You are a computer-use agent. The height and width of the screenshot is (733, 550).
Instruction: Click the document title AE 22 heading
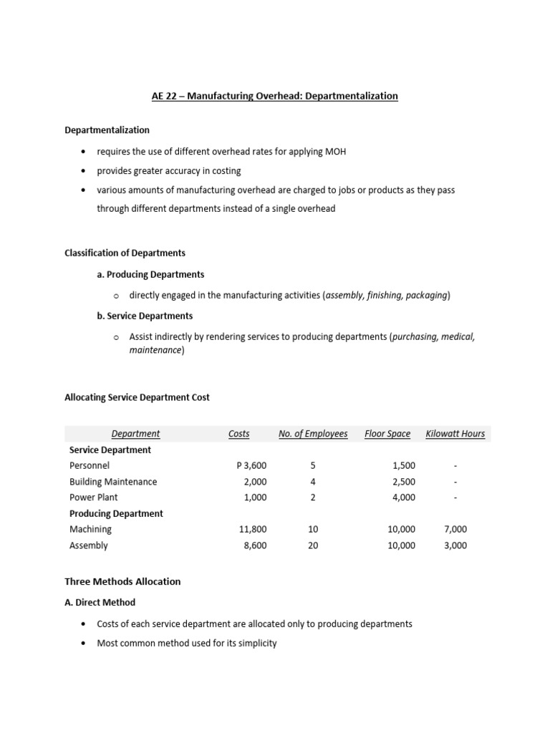[x=275, y=96]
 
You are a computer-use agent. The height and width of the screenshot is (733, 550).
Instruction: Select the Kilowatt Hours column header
[x=455, y=433]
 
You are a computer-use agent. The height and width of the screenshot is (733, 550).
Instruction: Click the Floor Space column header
[x=387, y=433]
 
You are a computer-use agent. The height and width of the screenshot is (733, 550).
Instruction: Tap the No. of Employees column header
[x=313, y=433]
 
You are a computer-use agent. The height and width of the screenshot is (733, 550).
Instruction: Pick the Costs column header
[x=238, y=433]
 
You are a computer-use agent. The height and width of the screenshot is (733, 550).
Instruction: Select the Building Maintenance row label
[x=113, y=482]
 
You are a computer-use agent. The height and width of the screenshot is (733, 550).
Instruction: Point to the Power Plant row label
[x=94, y=497]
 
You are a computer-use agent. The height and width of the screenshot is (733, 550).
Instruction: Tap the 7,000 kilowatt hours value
[x=455, y=530]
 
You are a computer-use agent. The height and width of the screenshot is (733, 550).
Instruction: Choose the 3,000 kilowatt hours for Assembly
[x=455, y=545]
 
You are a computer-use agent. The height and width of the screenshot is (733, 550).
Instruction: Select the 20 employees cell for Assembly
[x=313, y=545]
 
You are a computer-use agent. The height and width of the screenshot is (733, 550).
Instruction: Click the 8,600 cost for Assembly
[x=255, y=545]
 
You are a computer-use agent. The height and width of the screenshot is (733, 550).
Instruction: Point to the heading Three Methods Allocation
[x=122, y=581]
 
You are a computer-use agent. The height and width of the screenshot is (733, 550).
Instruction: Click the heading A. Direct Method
[x=100, y=602]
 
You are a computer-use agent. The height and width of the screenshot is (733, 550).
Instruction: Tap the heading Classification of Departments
[x=125, y=253]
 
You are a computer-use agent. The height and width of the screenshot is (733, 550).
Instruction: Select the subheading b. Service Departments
[x=145, y=315]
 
